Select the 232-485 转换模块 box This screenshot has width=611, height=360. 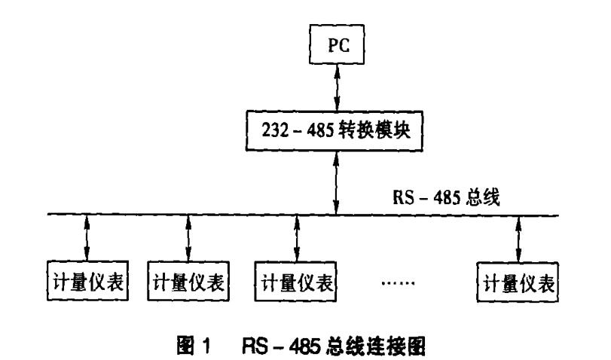(x=338, y=131)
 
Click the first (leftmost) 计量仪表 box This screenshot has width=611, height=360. (x=87, y=284)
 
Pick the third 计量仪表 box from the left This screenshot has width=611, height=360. (x=296, y=284)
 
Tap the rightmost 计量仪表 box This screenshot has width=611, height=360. (x=518, y=284)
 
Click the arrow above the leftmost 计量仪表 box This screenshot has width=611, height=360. (x=87, y=239)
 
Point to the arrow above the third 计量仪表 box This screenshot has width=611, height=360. (x=296, y=239)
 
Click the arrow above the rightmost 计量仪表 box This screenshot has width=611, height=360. (x=518, y=239)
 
